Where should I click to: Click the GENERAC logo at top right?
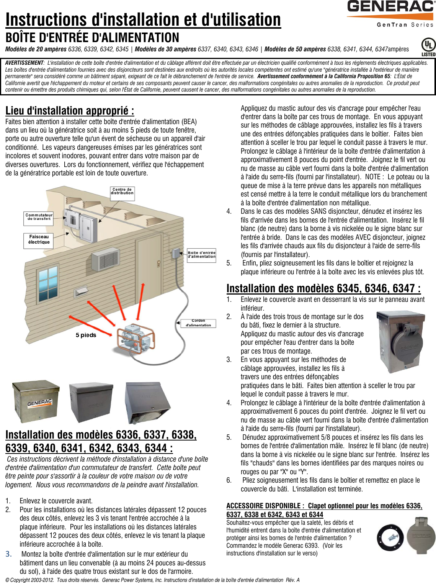pyautogui.click(x=390, y=8)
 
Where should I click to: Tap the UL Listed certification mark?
pyautogui.click(x=428, y=47)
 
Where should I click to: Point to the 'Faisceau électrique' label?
pyautogui.click(x=39, y=239)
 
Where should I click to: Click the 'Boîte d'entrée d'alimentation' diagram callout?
pyautogui.click(x=201, y=254)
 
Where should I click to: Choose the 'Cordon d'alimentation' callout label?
pyautogui.click(x=198, y=323)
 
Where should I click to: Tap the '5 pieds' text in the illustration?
pyautogui.click(x=86, y=335)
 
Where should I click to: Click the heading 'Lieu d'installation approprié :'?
pyautogui.click(x=70, y=111)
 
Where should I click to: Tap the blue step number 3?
pyautogui.click(x=8, y=554)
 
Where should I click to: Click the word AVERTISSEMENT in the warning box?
pyautogui.click(x=24, y=63)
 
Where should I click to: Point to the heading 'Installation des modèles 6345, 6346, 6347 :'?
pyautogui.click(x=323, y=288)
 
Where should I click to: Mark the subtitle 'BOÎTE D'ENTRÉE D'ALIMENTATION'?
pyautogui.click(x=92, y=38)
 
